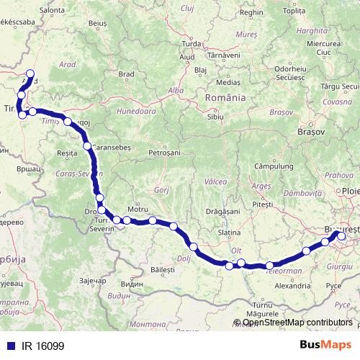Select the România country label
click(225, 97)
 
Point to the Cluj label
click(189, 8)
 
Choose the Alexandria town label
click(292, 286)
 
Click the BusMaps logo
click(325, 345)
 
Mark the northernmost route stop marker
click(30, 73)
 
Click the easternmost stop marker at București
click(341, 235)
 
